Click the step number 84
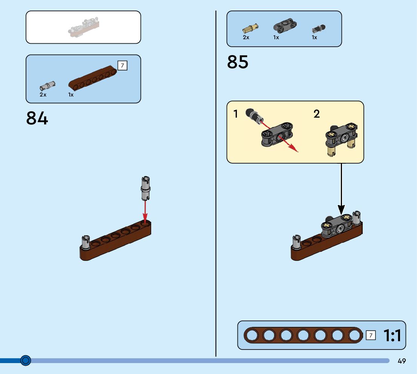point(37,118)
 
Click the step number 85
point(238,62)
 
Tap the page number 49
point(402,361)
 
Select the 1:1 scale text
point(392,335)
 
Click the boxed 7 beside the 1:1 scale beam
point(371,335)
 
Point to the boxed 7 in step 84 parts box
point(122,66)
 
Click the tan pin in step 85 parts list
point(250,28)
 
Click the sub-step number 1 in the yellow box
point(236,114)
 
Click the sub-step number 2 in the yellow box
point(316,114)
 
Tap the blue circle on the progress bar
point(26,361)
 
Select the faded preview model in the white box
point(85,28)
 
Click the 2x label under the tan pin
point(246,37)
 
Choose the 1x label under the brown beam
point(71,95)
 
